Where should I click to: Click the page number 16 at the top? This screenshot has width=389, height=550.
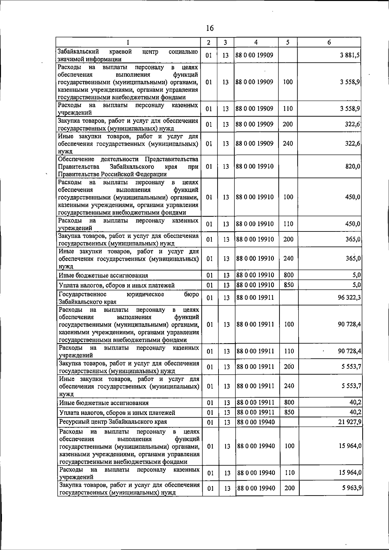tap(210, 28)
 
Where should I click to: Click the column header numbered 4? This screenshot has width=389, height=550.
tap(256, 42)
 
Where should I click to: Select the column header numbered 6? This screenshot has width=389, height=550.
tap(329, 42)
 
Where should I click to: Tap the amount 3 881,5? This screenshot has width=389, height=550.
tap(350, 55)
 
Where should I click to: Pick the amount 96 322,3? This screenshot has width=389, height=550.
tap(349, 297)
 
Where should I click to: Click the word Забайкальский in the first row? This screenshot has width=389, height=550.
tap(77, 51)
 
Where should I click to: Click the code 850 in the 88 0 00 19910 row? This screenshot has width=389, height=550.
tap(289, 285)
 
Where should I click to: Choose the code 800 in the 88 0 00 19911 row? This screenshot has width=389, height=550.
tap(289, 402)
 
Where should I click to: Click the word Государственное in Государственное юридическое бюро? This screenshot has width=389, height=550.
tap(83, 294)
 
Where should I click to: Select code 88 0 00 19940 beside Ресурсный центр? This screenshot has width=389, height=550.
tap(256, 422)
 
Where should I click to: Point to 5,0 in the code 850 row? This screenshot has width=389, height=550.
tap(357, 285)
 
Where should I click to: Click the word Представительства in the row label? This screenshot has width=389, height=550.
tap(171, 159)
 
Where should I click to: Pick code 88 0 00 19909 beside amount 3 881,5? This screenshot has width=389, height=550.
tap(254, 55)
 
